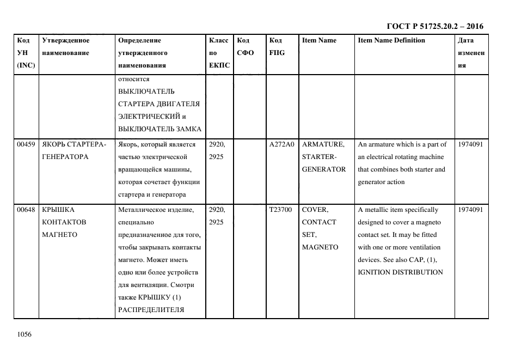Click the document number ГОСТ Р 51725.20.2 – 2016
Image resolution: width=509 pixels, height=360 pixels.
tap(434, 26)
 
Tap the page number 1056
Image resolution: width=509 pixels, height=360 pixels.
tap(25, 334)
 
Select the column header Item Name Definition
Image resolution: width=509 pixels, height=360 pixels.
tap(391, 40)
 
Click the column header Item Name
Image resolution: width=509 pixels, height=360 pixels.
tap(319, 40)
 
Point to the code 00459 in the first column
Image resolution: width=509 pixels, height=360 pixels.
tap(26, 144)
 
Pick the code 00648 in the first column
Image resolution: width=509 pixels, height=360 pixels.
tap(26, 210)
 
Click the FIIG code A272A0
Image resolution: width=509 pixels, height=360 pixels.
tap(281, 144)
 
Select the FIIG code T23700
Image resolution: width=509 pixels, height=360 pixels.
tap(281, 210)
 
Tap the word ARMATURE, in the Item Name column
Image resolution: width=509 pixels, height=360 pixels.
tap(323, 144)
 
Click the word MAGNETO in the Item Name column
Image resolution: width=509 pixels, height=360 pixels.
tap(320, 247)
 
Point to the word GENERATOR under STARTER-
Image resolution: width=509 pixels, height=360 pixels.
tap(324, 169)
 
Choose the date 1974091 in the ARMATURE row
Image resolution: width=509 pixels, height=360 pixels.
tap(471, 144)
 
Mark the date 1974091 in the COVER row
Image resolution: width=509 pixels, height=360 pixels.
tap(471, 210)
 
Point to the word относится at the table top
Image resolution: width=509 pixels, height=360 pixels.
tap(133, 79)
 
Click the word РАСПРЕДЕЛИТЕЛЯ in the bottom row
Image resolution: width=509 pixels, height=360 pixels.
tap(151, 310)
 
